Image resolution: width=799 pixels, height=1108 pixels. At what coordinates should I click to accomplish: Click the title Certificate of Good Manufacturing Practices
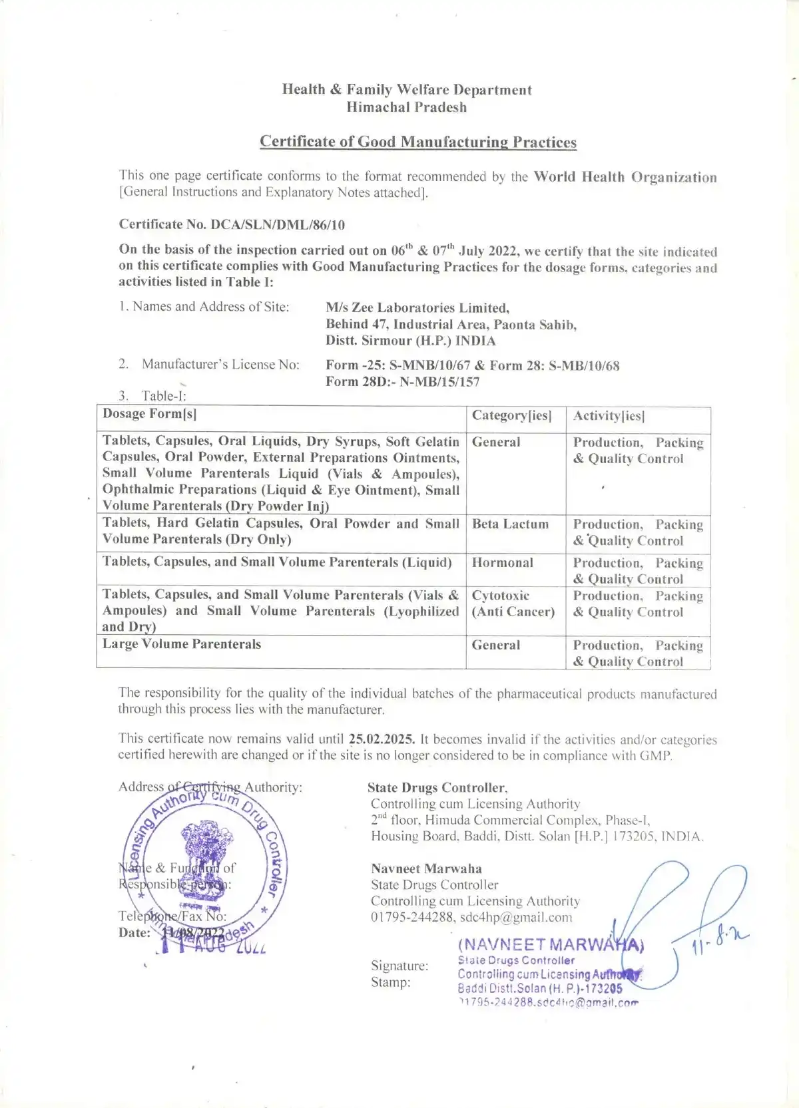click(417, 142)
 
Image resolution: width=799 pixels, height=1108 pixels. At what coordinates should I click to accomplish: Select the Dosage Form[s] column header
click(149, 414)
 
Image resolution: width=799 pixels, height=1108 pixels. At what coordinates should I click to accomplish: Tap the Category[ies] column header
click(511, 416)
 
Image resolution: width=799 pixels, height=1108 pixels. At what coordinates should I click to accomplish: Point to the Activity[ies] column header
click(608, 417)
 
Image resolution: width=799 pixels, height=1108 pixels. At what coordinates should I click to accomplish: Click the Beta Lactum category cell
click(510, 524)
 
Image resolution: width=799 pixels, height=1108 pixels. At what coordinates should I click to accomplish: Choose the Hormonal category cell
click(502, 563)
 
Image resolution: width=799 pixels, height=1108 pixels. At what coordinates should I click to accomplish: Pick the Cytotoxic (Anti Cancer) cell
click(513, 604)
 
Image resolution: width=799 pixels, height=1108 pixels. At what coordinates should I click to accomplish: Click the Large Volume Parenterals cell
click(182, 644)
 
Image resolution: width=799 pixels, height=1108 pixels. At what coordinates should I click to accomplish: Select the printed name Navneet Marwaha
click(426, 868)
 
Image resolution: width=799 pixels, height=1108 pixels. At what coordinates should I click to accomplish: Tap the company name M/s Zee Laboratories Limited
click(417, 308)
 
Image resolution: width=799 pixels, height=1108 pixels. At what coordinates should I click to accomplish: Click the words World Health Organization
click(625, 177)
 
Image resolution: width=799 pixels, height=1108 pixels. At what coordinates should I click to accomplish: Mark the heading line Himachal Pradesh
click(407, 107)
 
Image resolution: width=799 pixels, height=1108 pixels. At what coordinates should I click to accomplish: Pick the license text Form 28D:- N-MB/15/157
click(402, 382)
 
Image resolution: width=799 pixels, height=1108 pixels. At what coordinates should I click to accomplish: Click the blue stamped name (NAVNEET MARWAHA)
click(550, 945)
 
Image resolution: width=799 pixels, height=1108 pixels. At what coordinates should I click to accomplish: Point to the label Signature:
click(400, 966)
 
